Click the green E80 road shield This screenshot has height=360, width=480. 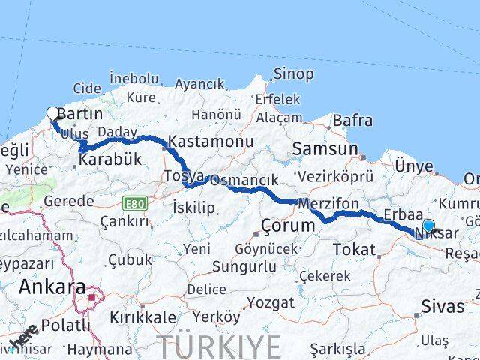pyautogui.click(x=134, y=202)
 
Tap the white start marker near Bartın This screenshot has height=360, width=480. pyautogui.click(x=52, y=114)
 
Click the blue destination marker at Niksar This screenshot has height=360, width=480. pyautogui.click(x=428, y=226)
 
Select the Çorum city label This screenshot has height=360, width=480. pyautogui.click(x=288, y=226)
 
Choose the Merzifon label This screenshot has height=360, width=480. pyautogui.click(x=328, y=204)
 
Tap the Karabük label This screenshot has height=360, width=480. pyautogui.click(x=109, y=160)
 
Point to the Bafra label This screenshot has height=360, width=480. pyautogui.click(x=352, y=119)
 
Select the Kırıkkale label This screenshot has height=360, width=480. pyautogui.click(x=142, y=317)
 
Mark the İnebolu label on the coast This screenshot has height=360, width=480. pyautogui.click(x=134, y=78)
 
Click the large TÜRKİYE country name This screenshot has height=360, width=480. pyautogui.click(x=220, y=346)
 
